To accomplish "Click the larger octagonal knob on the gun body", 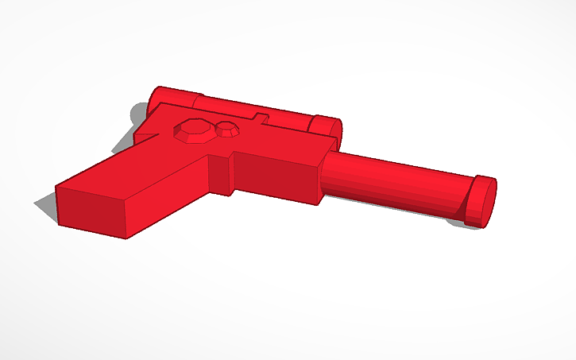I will (x=193, y=131).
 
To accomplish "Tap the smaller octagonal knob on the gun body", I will (x=227, y=130).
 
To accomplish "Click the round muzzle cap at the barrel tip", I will (x=481, y=200).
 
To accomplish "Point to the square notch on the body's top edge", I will (x=259, y=118).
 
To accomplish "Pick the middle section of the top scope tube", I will (x=254, y=111).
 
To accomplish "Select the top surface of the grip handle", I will (x=135, y=175).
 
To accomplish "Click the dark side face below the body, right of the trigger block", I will (x=278, y=180).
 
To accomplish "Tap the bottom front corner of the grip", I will (x=128, y=236).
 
